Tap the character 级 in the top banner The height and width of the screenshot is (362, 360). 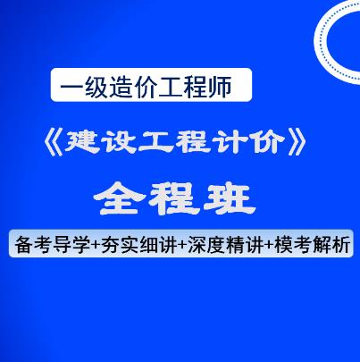point(97,87)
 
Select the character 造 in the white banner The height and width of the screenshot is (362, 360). point(121,87)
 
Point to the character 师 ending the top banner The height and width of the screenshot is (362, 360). point(221,87)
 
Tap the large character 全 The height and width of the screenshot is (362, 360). point(120,198)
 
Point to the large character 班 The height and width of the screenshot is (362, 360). point(230,198)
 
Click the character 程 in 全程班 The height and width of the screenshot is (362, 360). point(174,198)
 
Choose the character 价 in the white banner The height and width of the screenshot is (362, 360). point(146,87)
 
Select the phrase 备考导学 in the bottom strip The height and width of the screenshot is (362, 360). point(53,244)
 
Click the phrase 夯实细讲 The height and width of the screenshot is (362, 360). point(139,244)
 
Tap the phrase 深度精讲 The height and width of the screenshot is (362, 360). point(226,244)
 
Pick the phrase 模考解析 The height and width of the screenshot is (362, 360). point(312,244)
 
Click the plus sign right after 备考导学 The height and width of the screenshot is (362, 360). point(96,245)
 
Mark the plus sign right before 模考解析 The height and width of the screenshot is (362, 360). point(269,245)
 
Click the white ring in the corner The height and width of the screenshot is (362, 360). point(320,42)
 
